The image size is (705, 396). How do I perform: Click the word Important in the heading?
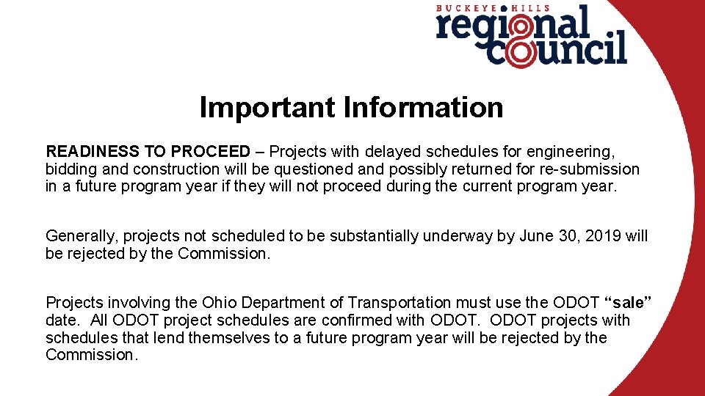click(267, 108)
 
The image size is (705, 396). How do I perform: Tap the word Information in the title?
click(423, 108)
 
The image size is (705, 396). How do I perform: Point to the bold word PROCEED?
click(210, 152)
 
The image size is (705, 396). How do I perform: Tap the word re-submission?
click(587, 169)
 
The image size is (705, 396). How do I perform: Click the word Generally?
click(82, 236)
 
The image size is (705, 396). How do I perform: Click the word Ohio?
click(220, 302)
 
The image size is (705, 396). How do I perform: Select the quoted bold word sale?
click(628, 302)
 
